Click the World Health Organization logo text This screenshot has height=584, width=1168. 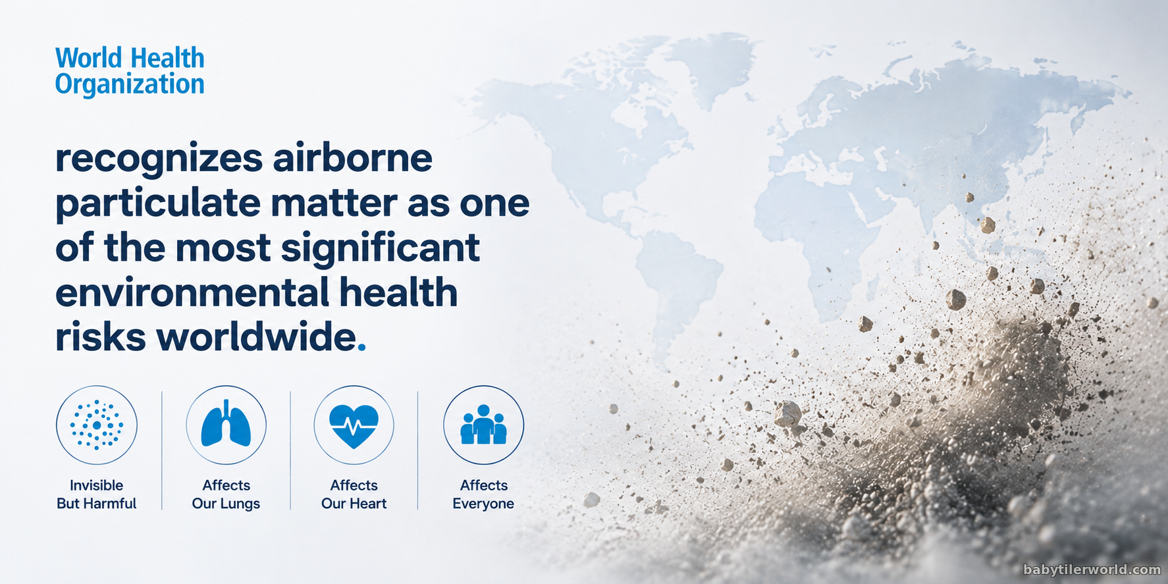(130, 71)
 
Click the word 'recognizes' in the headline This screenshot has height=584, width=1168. (159, 159)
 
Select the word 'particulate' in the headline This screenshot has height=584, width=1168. (158, 203)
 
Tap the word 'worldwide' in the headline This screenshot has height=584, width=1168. (255, 337)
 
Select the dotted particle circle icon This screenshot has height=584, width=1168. (97, 425)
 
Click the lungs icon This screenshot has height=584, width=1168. (226, 425)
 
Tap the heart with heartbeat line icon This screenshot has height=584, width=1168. (354, 425)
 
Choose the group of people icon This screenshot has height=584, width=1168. (483, 425)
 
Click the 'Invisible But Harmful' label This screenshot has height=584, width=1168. (97, 494)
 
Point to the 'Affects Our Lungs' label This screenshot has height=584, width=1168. (226, 494)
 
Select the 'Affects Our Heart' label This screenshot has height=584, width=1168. (354, 494)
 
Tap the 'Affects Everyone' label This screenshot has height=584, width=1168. (483, 494)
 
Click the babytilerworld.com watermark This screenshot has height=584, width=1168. (1092, 570)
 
